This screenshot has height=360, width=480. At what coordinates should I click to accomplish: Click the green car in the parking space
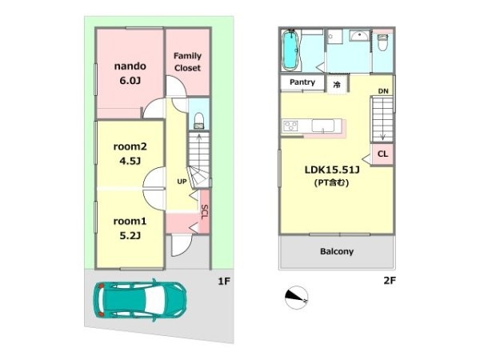(139, 300)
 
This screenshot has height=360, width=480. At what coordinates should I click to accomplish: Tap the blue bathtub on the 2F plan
(290, 50)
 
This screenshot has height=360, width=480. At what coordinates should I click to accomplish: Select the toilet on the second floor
(382, 42)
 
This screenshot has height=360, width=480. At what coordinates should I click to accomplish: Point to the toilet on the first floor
(199, 121)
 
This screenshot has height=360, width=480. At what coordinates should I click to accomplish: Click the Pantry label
(302, 82)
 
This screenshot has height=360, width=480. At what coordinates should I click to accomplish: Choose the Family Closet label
(188, 62)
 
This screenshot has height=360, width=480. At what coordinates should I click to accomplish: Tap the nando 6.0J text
(130, 73)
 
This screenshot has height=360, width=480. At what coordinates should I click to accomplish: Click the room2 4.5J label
(130, 154)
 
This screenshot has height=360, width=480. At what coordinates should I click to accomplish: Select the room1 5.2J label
(130, 228)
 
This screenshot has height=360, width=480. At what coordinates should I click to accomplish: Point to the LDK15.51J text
(332, 170)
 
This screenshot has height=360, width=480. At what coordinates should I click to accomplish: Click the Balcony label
(337, 251)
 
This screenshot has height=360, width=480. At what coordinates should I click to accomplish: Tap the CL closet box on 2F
(382, 154)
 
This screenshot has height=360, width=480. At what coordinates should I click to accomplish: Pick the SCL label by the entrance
(205, 212)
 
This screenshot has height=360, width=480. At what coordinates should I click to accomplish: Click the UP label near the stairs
(182, 182)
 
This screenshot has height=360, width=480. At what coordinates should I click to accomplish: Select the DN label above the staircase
(383, 91)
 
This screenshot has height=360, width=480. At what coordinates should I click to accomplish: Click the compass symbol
(296, 298)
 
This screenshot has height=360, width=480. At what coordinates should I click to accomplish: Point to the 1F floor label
(224, 281)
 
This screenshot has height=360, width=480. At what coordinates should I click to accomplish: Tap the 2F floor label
(390, 280)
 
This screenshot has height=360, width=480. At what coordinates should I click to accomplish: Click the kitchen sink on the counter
(323, 126)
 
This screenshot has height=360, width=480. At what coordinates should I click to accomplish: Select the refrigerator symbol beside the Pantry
(337, 84)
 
